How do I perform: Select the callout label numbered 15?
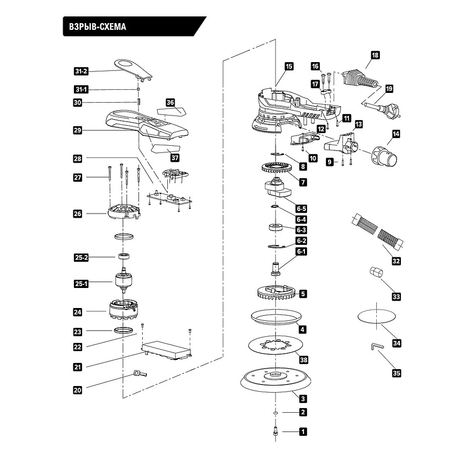(288, 66)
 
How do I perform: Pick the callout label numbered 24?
(78, 312)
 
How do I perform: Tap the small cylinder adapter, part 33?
(377, 272)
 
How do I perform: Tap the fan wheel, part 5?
(276, 293)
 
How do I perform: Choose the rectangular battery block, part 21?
(166, 350)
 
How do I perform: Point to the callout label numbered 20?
(78, 390)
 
